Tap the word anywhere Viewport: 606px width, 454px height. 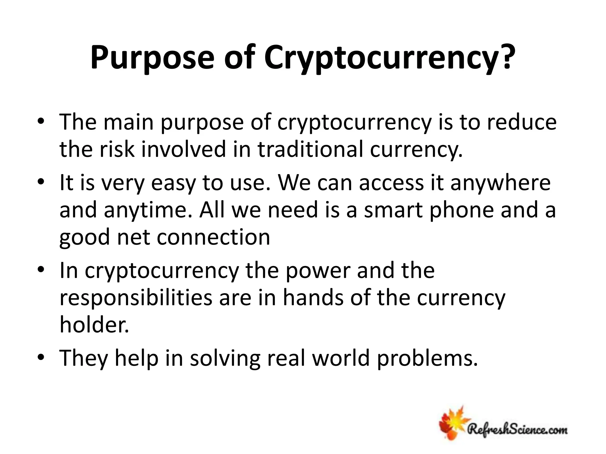coord(500,183)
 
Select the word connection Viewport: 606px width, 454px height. coord(213,237)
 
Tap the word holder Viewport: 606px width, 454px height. coord(94,325)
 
